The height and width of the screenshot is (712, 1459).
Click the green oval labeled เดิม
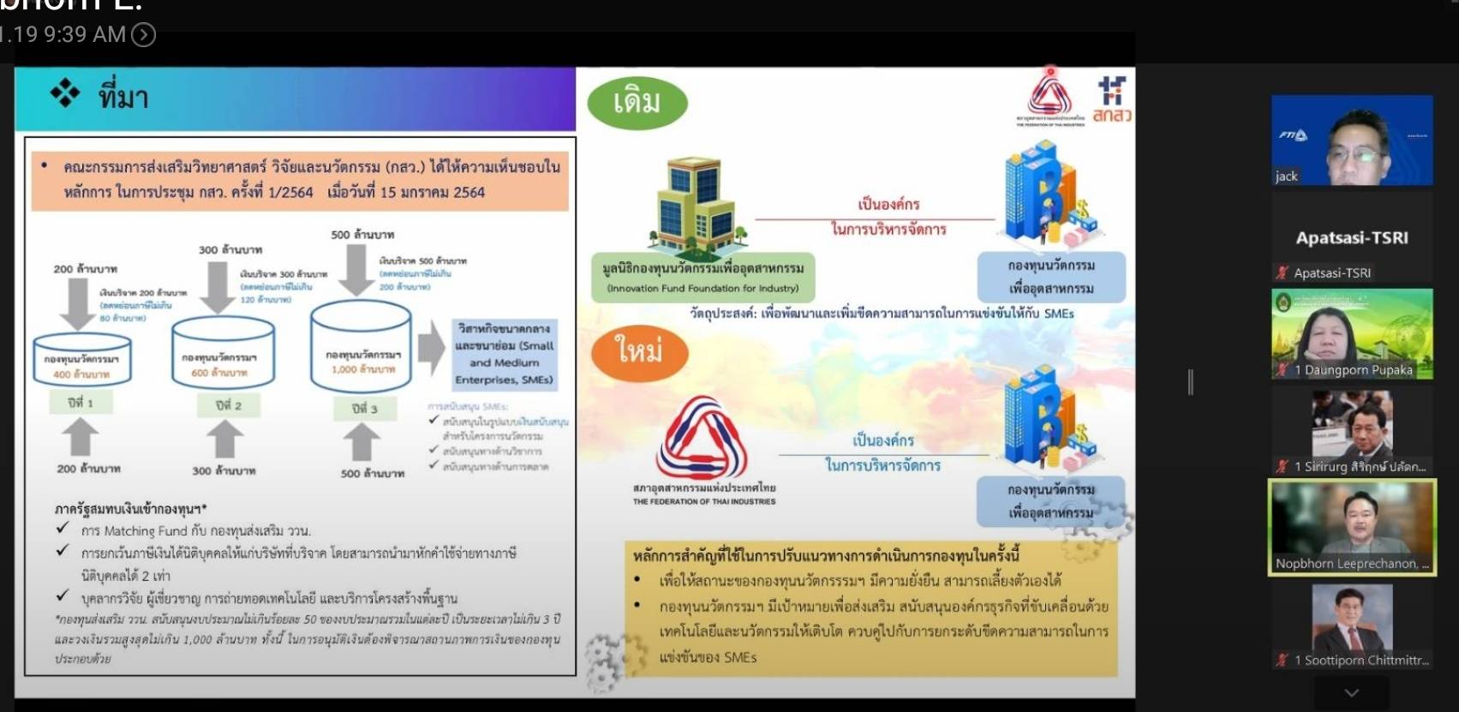tap(637, 103)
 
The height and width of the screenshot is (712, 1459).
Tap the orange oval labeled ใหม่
tap(639, 350)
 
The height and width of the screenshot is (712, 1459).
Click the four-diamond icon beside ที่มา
tap(64, 93)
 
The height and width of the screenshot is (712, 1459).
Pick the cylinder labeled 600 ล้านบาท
tap(224, 353)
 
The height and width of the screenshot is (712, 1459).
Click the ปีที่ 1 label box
tap(81, 402)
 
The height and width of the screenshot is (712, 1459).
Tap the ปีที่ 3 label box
tap(364, 408)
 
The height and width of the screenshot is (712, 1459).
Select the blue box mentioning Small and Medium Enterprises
tap(505, 354)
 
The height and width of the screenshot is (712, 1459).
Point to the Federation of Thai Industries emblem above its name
tap(703, 436)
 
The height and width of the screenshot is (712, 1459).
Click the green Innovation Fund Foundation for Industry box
tap(703, 277)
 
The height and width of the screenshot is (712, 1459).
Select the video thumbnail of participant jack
tap(1351, 141)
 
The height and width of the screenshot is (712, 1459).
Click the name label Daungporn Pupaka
tap(1358, 370)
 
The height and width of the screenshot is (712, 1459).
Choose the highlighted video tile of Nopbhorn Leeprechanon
tap(1352, 526)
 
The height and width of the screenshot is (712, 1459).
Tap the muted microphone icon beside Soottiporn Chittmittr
tap(1283, 660)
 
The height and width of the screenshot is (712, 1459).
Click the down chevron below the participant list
tap(1351, 692)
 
